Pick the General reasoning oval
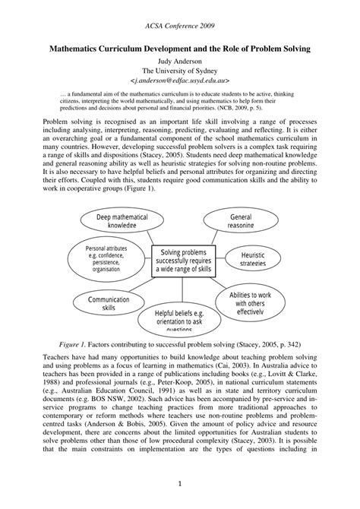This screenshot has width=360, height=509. point(241,220)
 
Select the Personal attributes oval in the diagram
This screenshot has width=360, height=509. point(104,258)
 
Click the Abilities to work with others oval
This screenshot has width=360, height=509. point(256,300)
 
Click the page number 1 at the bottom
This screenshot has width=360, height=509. point(180,483)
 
